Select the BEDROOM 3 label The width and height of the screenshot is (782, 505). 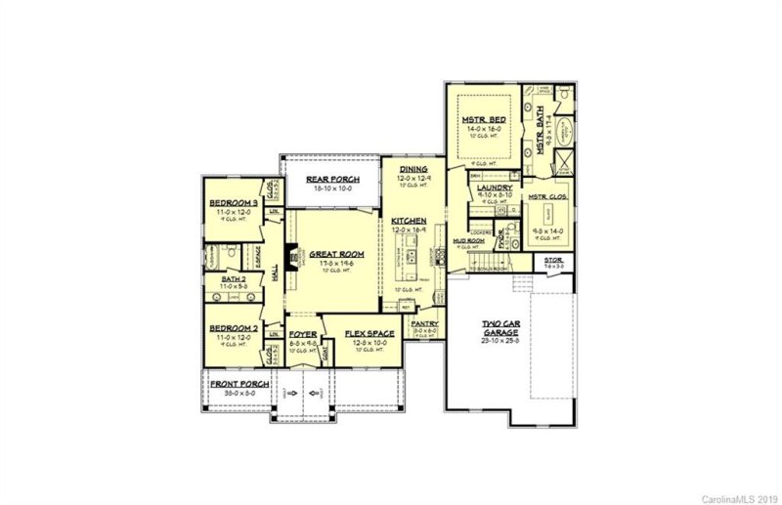point(233,203)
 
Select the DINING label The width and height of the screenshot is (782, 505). point(413,169)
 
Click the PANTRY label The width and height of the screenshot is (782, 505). point(424,323)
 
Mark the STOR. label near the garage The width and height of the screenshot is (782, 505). point(554,259)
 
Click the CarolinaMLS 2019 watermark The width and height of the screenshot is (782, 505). point(739,497)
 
